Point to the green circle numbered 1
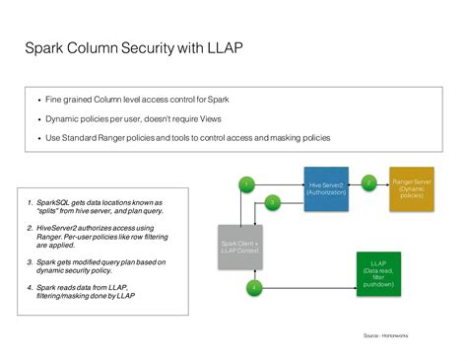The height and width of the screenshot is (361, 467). coord(247,183)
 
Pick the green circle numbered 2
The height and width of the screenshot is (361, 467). coord(368,182)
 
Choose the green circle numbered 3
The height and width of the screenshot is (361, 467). coord(273,202)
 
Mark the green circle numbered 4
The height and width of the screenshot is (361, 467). coord(253,287)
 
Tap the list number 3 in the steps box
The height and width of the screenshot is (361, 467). coord(30,262)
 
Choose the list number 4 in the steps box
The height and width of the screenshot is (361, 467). coord(30,287)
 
